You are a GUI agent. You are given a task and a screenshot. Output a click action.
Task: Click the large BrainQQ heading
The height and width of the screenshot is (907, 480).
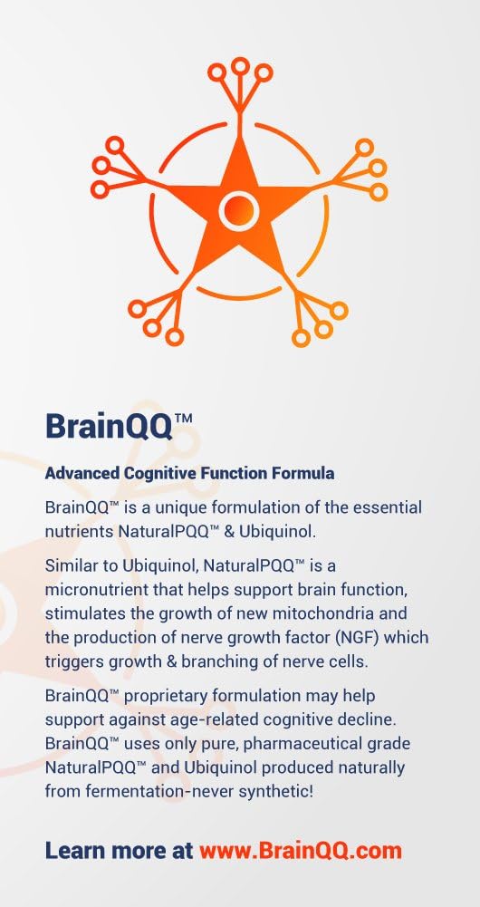click(x=119, y=425)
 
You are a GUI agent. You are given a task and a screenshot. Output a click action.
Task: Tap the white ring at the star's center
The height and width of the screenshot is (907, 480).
click(x=239, y=209)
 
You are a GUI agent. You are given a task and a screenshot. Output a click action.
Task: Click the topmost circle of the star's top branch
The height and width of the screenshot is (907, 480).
click(x=240, y=65)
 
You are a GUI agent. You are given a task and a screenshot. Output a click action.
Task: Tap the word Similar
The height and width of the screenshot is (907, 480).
click(x=72, y=565)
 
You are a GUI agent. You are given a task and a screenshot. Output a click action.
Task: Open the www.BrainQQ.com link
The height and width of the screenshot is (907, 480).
click(x=300, y=851)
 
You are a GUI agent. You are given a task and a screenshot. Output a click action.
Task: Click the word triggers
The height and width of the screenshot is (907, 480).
click(x=74, y=661)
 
